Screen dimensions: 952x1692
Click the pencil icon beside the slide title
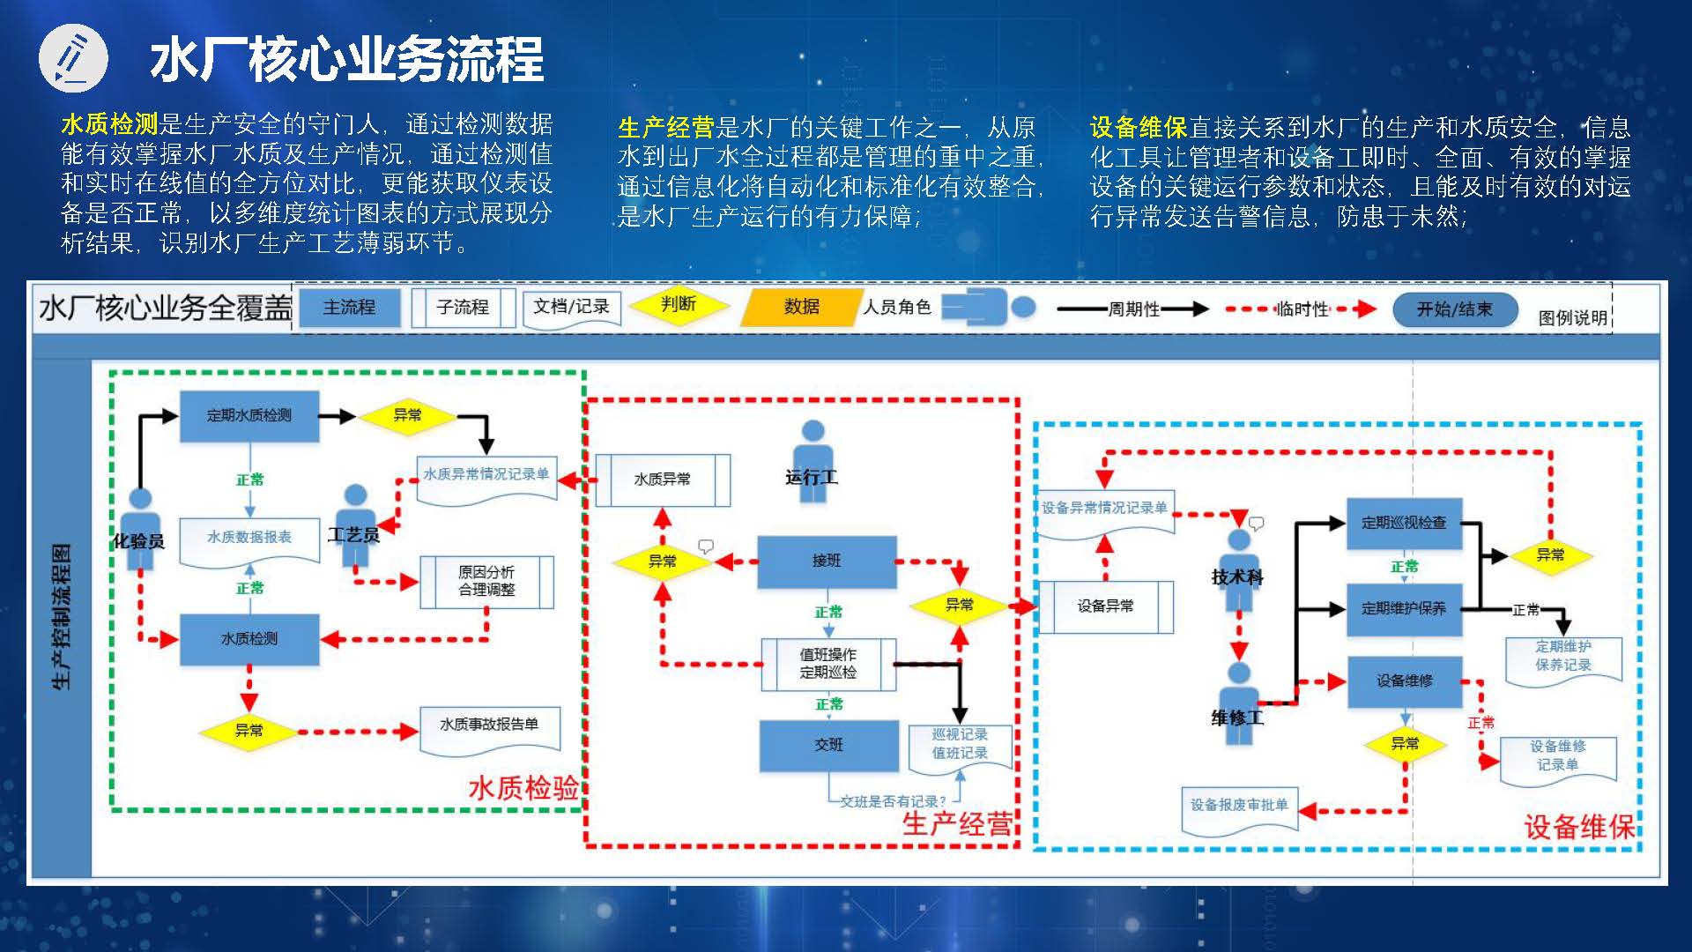pyautogui.click(x=73, y=58)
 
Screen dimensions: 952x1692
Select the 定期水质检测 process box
pyautogui.click(x=249, y=415)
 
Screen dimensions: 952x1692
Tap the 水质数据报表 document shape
pyautogui.click(x=249, y=538)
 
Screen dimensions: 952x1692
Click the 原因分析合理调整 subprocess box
pyautogui.click(x=486, y=582)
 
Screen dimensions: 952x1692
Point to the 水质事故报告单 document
pyautogui.click(x=489, y=725)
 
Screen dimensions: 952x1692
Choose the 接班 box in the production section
pyautogui.click(x=827, y=562)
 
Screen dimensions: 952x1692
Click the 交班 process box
pyautogui.click(x=828, y=746)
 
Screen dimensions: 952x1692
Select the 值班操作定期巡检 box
pyautogui.click(x=828, y=664)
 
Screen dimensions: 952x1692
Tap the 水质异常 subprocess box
pyautogui.click(x=663, y=480)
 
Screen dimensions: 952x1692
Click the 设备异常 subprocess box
pyautogui.click(x=1106, y=606)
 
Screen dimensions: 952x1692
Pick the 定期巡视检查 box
pyautogui.click(x=1404, y=523)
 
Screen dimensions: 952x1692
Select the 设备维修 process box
pyautogui.click(x=1405, y=681)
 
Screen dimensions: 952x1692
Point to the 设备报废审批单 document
pyautogui.click(x=1239, y=806)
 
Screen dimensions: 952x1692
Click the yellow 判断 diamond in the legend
pyautogui.click(x=679, y=305)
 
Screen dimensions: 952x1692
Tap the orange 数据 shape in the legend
pyautogui.click(x=801, y=307)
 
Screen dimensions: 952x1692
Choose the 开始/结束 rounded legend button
pyautogui.click(x=1454, y=309)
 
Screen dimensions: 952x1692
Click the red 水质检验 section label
pyautogui.click(x=523, y=788)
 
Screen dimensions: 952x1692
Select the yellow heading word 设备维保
pyautogui.click(x=1139, y=128)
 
